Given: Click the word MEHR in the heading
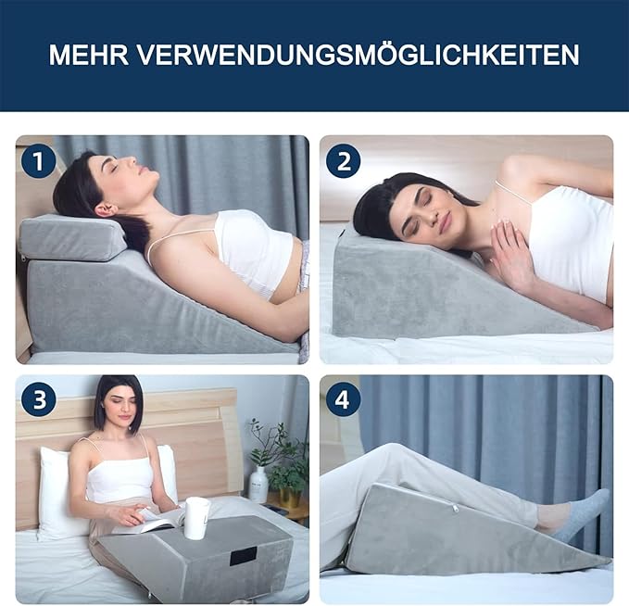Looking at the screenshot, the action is pyautogui.click(x=89, y=55).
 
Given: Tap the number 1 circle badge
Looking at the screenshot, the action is pyautogui.click(x=39, y=161).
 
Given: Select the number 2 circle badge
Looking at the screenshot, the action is pyautogui.click(x=344, y=161).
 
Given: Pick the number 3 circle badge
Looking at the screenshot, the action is pyautogui.click(x=39, y=399).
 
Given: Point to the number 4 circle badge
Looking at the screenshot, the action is pyautogui.click(x=343, y=399).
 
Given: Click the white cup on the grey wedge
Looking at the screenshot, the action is pyautogui.click(x=197, y=518).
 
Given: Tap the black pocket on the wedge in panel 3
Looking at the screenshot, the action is pyautogui.click(x=244, y=556).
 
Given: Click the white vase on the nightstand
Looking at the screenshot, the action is pyautogui.click(x=258, y=485).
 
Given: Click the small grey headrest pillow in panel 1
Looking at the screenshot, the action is pyautogui.click(x=72, y=237).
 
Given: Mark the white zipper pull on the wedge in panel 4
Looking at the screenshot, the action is pyautogui.click(x=456, y=508).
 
